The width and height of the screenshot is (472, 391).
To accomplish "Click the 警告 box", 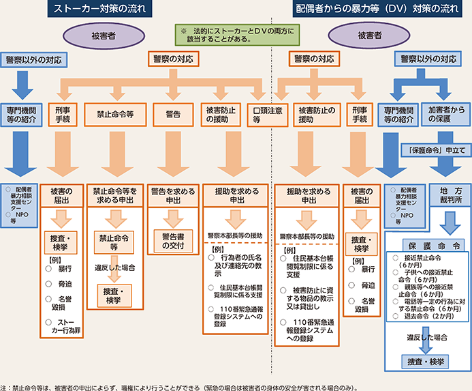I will tap(172, 113).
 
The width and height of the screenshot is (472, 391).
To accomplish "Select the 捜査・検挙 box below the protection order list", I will tap(427, 361).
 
